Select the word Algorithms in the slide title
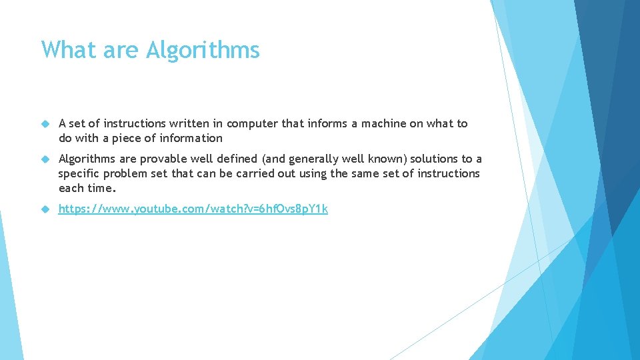coord(203,50)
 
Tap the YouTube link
coord(193,209)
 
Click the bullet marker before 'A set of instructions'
coord(45,124)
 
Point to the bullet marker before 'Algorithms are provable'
coord(45,159)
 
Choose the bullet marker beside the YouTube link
coord(45,209)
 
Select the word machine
coord(373,124)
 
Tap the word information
coord(192,139)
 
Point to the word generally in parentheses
coord(315,159)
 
